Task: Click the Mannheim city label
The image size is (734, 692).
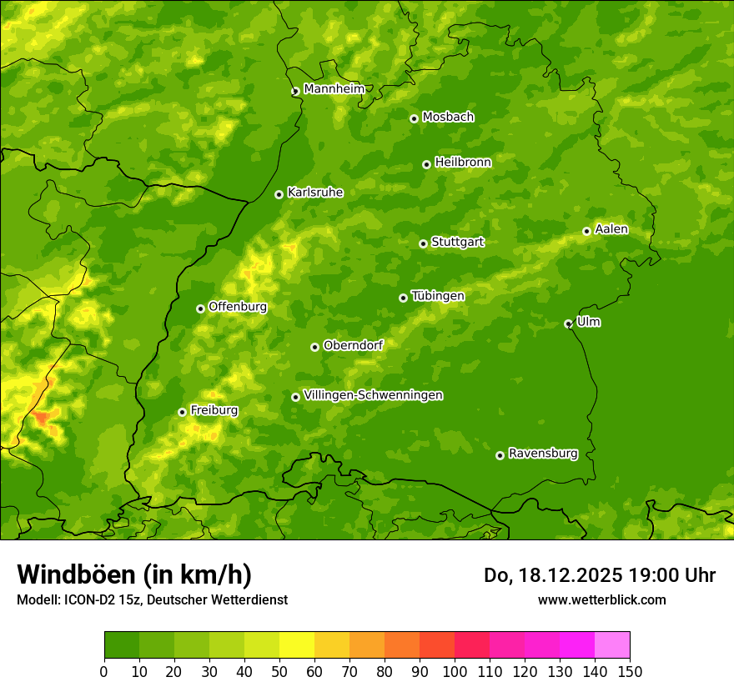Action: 334,89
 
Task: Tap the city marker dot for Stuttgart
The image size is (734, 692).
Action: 423,243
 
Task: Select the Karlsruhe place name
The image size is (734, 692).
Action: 314,193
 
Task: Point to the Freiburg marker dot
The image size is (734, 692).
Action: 182,412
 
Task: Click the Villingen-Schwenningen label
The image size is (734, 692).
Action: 373,395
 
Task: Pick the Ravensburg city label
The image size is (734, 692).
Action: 542,454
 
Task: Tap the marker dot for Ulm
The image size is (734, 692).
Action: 568,323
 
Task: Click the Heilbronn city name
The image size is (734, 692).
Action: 463,163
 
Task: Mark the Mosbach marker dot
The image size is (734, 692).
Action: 414,118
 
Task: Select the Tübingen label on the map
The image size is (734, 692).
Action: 437,296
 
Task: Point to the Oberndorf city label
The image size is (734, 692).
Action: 353,345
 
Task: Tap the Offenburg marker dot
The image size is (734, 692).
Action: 200,308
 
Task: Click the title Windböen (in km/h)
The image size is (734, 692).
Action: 133,574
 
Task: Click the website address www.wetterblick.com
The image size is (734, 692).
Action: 601,599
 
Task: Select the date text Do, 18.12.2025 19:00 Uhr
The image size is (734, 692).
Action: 599,575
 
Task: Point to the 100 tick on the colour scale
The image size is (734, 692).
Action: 455,671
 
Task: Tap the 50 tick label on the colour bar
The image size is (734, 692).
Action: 279,671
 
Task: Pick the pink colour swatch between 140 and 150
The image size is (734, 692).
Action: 611,645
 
